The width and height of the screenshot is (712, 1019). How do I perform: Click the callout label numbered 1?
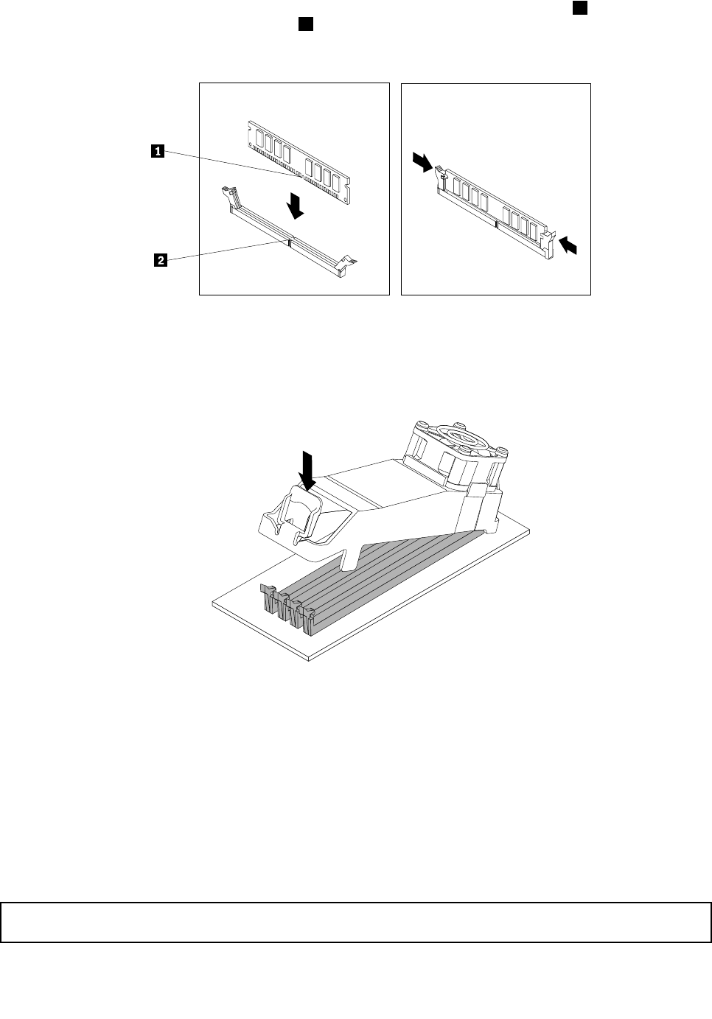(x=157, y=152)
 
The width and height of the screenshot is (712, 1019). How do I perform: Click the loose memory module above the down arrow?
(x=299, y=161)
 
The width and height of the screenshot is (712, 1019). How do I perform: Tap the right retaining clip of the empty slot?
(x=344, y=265)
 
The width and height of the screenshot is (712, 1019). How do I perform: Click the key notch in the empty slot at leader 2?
(x=290, y=240)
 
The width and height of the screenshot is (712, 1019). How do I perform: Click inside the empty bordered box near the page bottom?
(x=355, y=922)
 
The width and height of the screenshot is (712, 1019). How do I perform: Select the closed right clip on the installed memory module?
(x=547, y=242)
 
